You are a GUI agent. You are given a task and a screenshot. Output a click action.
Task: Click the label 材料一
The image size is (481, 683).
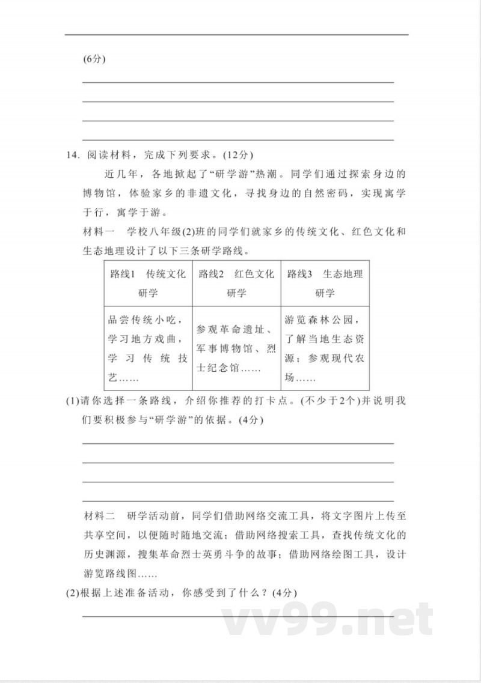pyautogui.click(x=98, y=232)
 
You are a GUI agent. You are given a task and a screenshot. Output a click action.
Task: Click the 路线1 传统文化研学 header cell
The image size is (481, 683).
pyautogui.click(x=148, y=284)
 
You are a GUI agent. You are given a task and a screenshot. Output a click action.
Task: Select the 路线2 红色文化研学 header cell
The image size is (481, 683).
pyautogui.click(x=236, y=284)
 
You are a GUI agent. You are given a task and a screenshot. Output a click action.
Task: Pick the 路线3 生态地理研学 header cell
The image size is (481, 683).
pyautogui.click(x=325, y=284)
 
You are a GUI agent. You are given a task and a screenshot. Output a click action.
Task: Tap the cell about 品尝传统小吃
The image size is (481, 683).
pyautogui.click(x=148, y=348)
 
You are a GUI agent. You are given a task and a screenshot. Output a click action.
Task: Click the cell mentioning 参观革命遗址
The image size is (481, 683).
pyautogui.click(x=236, y=348)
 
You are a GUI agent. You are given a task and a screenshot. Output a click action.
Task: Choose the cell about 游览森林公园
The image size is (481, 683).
pyautogui.click(x=325, y=348)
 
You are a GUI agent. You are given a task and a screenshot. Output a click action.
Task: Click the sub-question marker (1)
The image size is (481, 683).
pyautogui.click(x=72, y=401)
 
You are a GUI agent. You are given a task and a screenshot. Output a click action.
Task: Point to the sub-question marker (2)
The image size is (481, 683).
pyautogui.click(x=72, y=593)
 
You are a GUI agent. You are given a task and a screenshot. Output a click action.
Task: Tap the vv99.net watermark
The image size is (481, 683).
pyautogui.click(x=328, y=619)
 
